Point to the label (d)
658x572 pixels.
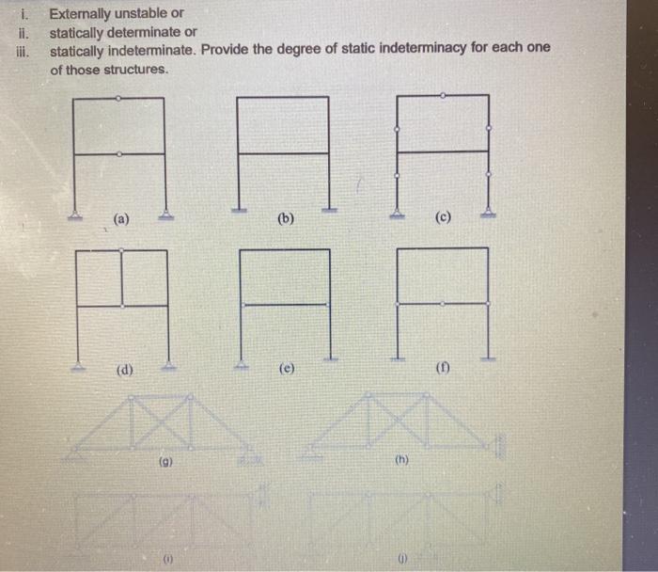point(122,370)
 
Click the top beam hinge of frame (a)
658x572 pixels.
point(117,98)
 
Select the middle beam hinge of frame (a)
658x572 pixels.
point(117,153)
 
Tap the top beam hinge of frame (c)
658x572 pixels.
point(443,95)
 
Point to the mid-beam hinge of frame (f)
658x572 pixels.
point(443,304)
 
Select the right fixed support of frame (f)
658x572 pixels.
point(487,357)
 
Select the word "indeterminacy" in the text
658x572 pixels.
point(425,48)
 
